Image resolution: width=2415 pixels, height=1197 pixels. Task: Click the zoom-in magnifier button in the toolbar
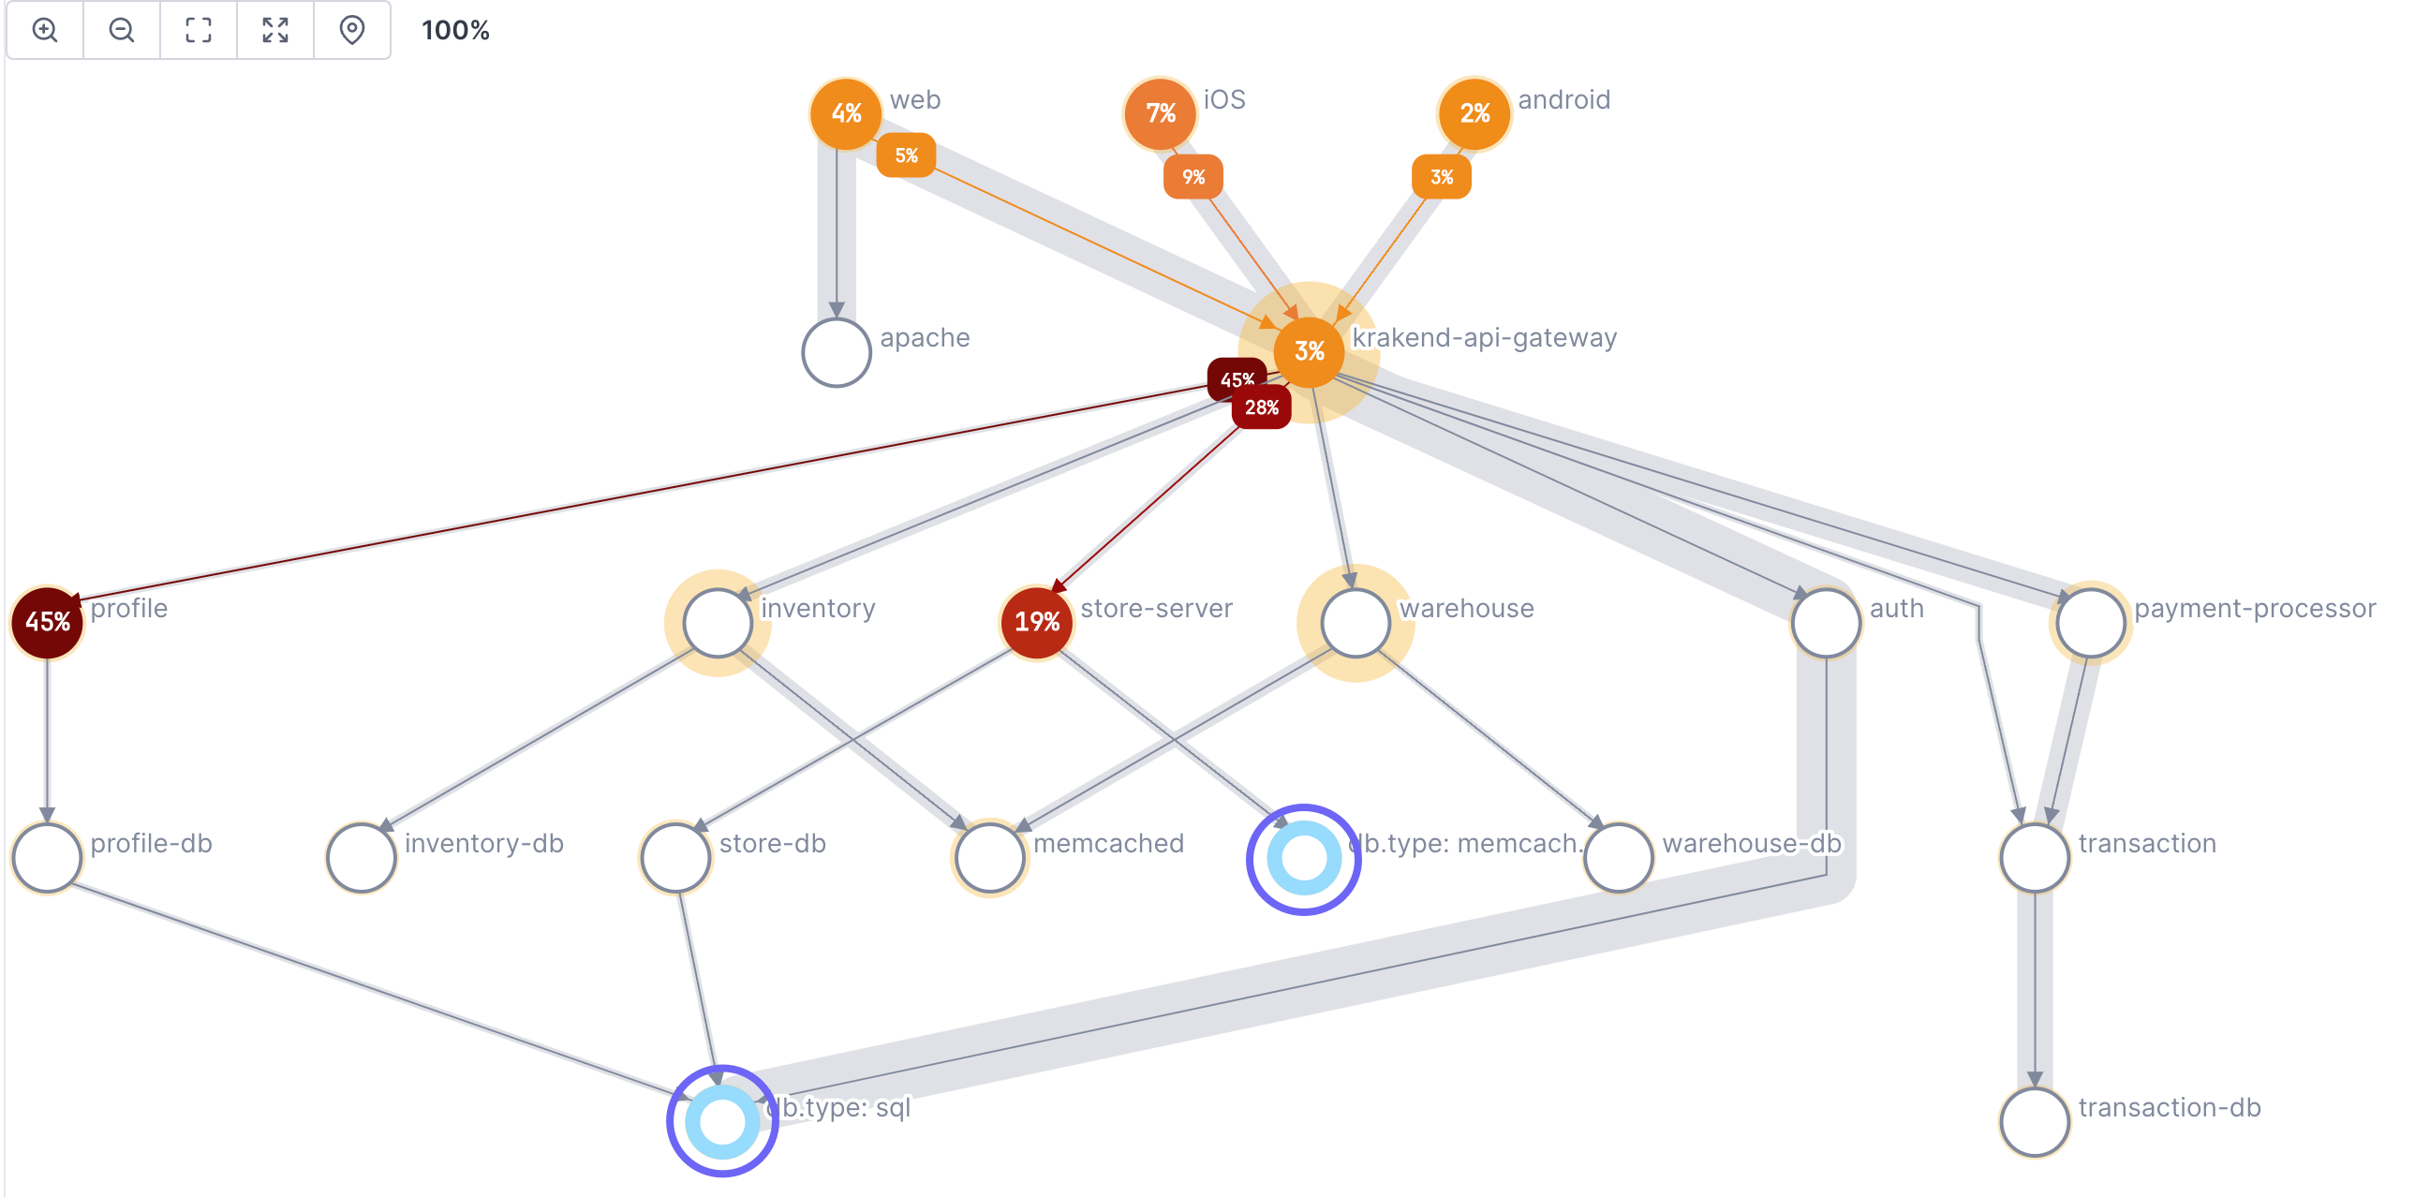[x=45, y=30]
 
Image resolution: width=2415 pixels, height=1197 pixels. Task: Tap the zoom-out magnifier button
[x=122, y=30]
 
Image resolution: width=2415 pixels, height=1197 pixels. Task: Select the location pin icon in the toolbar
[x=351, y=30]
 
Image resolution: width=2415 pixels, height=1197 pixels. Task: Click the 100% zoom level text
[x=455, y=31]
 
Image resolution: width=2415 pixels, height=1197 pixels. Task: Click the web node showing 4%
[x=846, y=113]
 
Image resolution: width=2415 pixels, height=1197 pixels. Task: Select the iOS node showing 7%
[x=1160, y=113]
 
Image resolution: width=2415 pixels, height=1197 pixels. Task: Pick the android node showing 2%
[x=1474, y=113]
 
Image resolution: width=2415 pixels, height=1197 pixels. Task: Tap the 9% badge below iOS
[x=1193, y=176]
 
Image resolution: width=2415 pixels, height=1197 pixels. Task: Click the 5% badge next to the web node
[x=906, y=155]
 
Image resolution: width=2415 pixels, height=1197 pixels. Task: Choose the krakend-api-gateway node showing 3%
[x=1309, y=351]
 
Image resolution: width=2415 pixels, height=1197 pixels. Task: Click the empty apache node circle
[x=837, y=352]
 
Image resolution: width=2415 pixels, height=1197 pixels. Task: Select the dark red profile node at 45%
[x=47, y=623]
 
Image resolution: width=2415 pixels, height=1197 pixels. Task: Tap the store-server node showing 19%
[x=1037, y=623]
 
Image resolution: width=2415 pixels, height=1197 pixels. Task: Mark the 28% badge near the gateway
[x=1261, y=407]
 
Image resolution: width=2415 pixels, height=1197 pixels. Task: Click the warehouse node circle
[x=1355, y=623]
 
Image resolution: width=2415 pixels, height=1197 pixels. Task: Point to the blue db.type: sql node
[x=722, y=1121]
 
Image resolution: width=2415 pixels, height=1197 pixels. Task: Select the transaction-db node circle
[x=2034, y=1121]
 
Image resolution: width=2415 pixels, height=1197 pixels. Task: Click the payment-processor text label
[x=2255, y=609]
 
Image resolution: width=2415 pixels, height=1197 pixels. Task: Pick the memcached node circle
[x=989, y=857]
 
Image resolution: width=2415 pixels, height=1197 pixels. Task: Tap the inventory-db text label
[x=483, y=844]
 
